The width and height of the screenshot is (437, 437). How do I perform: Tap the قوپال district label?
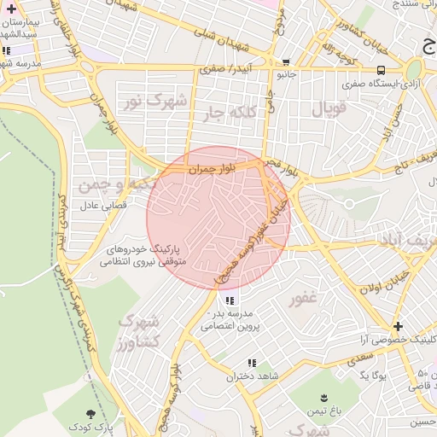(329, 109)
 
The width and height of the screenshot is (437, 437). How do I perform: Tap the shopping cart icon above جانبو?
(285, 61)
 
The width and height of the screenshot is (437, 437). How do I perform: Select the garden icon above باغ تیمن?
(324, 398)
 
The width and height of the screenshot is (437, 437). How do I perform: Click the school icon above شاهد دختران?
(251, 364)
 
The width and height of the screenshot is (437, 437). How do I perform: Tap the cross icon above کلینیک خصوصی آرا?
(397, 326)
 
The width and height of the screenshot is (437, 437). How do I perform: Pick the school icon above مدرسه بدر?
(229, 300)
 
